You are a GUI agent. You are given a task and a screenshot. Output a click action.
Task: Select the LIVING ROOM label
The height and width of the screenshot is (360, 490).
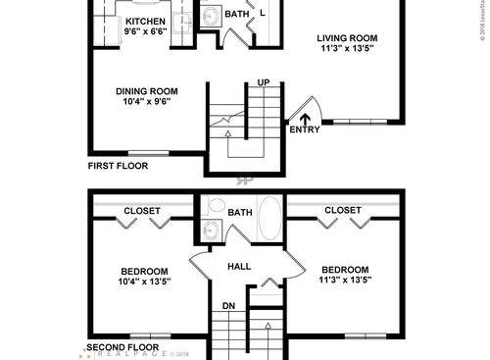(347, 39)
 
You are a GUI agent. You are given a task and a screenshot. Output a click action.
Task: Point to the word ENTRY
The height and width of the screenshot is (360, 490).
(303, 129)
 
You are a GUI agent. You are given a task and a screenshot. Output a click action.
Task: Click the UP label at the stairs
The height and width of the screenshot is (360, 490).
(263, 82)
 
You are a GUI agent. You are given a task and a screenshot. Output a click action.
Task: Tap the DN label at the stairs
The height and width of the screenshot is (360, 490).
(227, 305)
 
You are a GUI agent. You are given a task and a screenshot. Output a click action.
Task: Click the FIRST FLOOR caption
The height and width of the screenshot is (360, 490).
(118, 166)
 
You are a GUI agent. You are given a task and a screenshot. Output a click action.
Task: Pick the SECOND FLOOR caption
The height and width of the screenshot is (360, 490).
(124, 347)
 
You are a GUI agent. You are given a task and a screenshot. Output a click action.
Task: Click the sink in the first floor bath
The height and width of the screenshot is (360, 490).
(209, 17)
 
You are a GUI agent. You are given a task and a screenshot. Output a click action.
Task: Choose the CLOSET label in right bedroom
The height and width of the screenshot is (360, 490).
(342, 210)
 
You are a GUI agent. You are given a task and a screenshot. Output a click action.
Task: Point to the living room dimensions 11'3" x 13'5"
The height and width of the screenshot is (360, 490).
(347, 51)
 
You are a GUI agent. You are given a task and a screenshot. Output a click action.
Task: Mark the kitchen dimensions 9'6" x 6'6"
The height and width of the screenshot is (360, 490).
(146, 30)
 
